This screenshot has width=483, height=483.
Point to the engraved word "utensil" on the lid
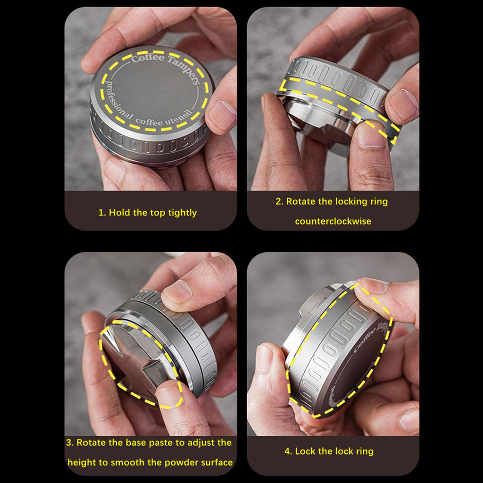(180, 117)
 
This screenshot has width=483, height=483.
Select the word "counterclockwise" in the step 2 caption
(333, 221)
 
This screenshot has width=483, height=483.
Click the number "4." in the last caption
(288, 451)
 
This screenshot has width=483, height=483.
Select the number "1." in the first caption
(102, 213)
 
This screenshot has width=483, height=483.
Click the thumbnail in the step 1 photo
(221, 115)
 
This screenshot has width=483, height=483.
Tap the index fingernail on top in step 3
(176, 291)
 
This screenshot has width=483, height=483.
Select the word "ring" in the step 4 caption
(365, 451)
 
